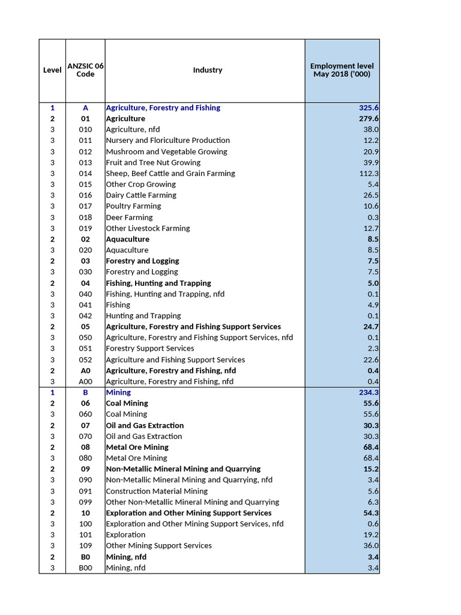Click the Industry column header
click(207, 70)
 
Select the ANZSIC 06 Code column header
click(85, 70)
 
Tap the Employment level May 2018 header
click(342, 70)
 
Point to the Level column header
click(52, 70)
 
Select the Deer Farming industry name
click(129, 217)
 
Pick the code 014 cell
click(85, 174)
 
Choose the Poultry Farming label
click(133, 206)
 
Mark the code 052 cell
click(85, 360)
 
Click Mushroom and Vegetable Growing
click(166, 152)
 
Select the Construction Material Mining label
click(157, 491)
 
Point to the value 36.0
click(371, 546)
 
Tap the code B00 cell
click(85, 568)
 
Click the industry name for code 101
click(125, 535)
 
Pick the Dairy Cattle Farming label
click(141, 195)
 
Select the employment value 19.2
click(371, 535)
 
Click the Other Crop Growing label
click(140, 184)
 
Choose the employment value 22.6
click(371, 360)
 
